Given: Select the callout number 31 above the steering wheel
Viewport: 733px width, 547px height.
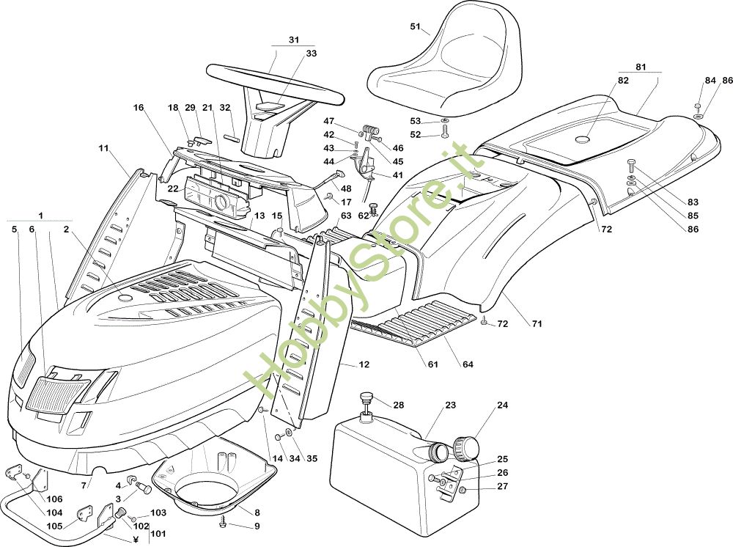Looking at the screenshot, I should tap(294, 40).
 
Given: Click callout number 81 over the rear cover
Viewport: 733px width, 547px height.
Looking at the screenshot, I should tap(641, 67).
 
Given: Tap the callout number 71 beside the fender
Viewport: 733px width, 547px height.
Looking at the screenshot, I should tap(537, 323).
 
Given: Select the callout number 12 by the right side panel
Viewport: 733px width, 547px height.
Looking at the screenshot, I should tap(365, 364).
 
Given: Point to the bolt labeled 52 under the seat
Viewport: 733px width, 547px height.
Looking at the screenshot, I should tap(446, 133).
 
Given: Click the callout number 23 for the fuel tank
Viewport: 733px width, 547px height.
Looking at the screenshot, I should tap(450, 405).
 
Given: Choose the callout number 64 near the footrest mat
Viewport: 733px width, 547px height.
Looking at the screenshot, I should tap(468, 364).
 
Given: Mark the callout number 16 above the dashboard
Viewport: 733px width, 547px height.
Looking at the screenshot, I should tap(139, 108).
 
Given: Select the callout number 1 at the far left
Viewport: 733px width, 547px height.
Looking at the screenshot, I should tap(41, 215).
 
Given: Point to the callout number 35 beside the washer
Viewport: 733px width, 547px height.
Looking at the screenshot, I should tap(312, 459).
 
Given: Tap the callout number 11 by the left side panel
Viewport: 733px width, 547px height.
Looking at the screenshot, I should tap(103, 148).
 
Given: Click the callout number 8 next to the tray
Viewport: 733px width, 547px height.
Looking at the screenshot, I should tap(257, 513).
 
